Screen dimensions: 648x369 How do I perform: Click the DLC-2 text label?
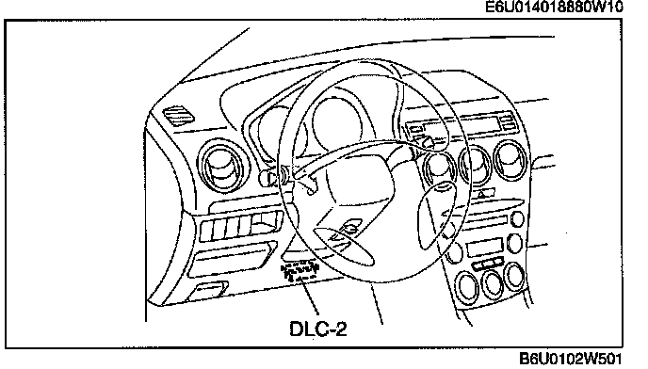318,329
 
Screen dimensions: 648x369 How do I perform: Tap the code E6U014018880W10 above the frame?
554,7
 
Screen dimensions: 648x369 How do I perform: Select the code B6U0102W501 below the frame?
571,359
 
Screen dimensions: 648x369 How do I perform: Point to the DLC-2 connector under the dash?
300,271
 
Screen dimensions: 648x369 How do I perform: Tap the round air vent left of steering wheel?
223,166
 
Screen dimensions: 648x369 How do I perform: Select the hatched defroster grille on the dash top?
179,115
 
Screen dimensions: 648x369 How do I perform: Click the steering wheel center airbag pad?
359,179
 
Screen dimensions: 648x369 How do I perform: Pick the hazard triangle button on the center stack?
482,193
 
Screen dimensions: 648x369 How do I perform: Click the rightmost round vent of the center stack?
511,160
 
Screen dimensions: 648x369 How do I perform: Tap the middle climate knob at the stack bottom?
493,284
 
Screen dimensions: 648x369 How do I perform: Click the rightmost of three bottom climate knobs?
515,276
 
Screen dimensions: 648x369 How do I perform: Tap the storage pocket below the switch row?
232,259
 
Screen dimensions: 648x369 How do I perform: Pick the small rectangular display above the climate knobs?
485,248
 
